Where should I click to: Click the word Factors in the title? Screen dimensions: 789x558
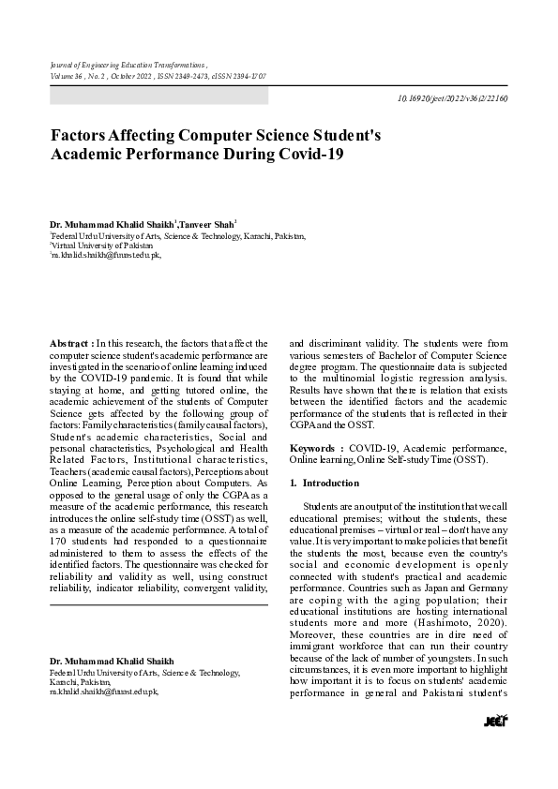coord(79,135)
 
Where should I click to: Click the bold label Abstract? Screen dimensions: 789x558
coord(69,344)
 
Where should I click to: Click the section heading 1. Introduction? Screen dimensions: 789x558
coord(324,483)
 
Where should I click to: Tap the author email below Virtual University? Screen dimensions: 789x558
coord(105,253)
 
